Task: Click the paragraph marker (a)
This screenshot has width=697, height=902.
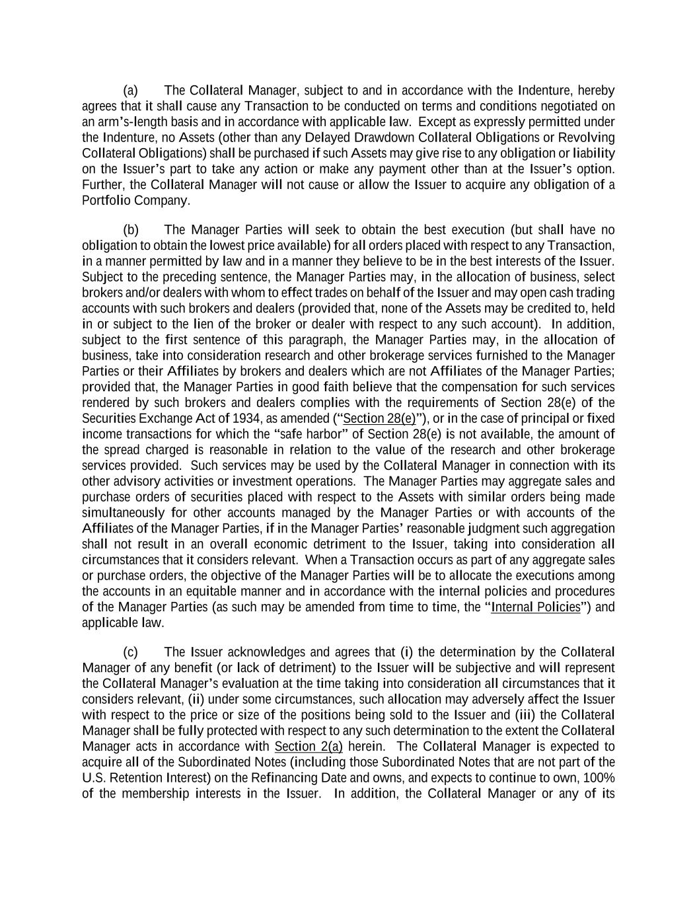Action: (130, 91)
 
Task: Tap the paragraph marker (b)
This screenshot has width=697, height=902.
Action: (130, 230)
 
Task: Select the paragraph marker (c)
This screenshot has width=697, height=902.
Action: (130, 652)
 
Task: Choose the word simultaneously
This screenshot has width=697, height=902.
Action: (123, 513)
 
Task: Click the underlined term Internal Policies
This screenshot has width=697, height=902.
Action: (536, 607)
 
